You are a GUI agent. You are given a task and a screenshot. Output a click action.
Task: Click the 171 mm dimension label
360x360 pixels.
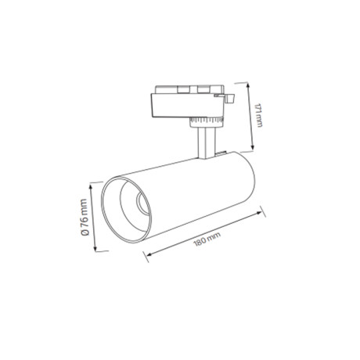[258, 115]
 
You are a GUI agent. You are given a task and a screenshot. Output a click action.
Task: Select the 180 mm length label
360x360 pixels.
[207, 239]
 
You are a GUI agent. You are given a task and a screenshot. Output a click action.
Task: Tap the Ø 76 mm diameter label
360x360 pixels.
[85, 218]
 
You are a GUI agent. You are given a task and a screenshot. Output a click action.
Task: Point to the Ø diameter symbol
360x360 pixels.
[85, 232]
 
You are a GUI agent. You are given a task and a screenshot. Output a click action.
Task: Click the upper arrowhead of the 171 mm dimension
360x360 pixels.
[248, 85]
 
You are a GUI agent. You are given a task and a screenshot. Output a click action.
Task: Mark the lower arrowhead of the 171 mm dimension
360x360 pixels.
[252, 148]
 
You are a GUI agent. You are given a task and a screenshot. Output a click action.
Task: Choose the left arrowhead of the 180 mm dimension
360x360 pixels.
[148, 254]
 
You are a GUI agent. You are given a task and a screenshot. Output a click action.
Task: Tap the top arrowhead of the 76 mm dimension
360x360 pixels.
[91, 187]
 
